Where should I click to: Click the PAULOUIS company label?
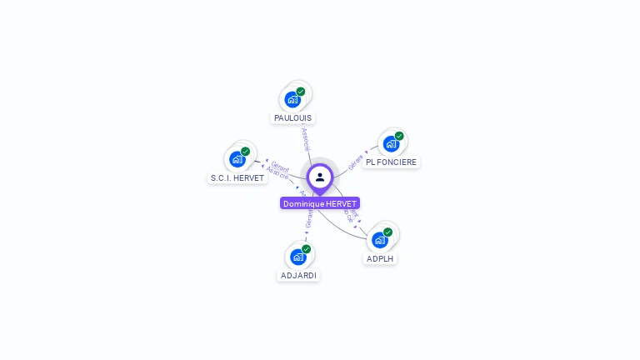click(292, 118)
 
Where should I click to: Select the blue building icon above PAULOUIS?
click(292, 100)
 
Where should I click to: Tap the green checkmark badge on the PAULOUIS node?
click(301, 92)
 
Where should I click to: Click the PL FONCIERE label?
click(392, 162)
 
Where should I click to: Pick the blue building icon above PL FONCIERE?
click(391, 144)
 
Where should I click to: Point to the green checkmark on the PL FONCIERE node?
click(399, 136)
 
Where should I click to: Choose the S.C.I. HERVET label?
click(237, 178)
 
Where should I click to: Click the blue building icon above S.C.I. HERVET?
click(237, 159)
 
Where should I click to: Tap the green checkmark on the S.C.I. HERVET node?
click(246, 152)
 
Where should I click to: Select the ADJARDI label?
click(298, 276)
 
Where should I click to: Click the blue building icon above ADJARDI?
click(298, 257)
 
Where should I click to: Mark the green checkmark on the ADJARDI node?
click(307, 249)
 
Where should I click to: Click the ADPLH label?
click(380, 259)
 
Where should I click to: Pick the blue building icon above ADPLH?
click(380, 240)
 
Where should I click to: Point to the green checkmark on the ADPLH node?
click(388, 232)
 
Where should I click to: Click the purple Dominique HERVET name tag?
click(320, 203)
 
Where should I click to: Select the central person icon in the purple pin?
click(320, 177)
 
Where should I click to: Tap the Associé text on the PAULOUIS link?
click(306, 138)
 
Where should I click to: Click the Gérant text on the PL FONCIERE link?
click(356, 162)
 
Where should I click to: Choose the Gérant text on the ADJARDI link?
click(309, 219)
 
